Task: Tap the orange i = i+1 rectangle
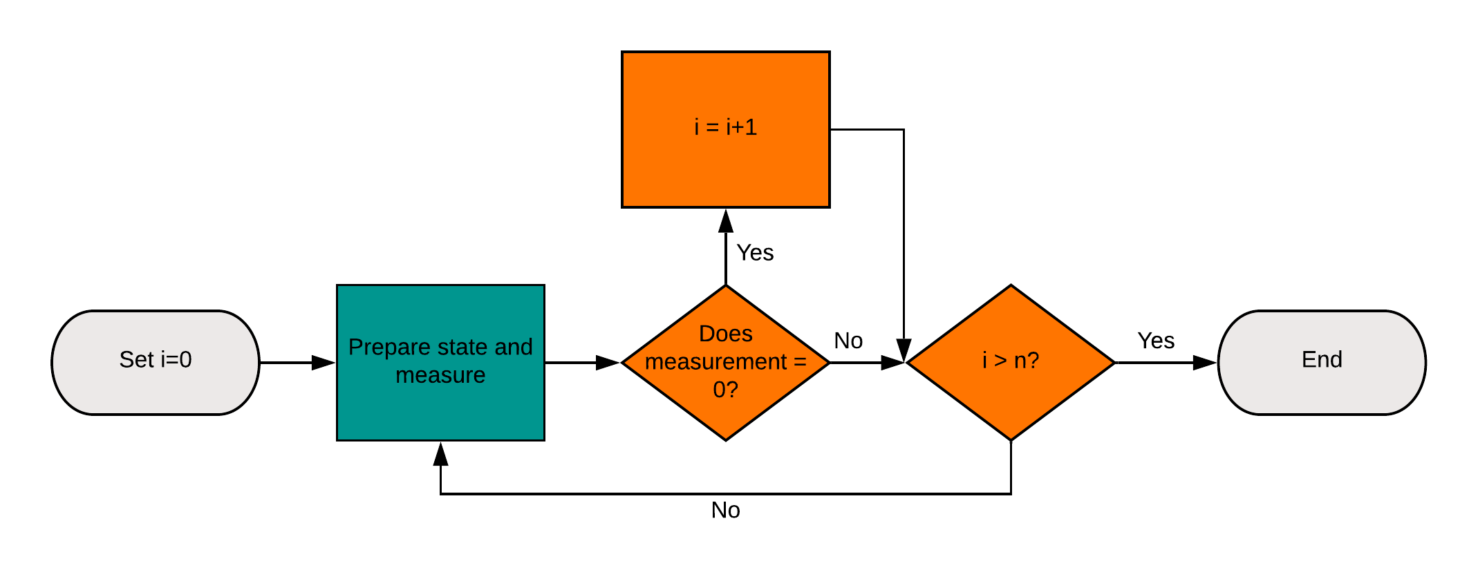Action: click(x=725, y=166)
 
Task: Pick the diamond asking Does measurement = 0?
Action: click(x=725, y=415)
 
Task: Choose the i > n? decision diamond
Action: click(x=1011, y=394)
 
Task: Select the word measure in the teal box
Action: click(x=440, y=375)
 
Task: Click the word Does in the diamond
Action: click(x=725, y=334)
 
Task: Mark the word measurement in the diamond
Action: click(x=715, y=362)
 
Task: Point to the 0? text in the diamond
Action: click(x=725, y=390)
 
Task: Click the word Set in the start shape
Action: click(x=136, y=359)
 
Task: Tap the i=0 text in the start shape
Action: click(x=176, y=359)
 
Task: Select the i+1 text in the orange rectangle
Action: click(x=741, y=127)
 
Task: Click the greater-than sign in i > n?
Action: click(x=1000, y=361)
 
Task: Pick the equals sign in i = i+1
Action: click(x=712, y=128)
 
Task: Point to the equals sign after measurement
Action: click(x=800, y=362)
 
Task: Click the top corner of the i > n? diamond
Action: click(x=1011, y=289)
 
